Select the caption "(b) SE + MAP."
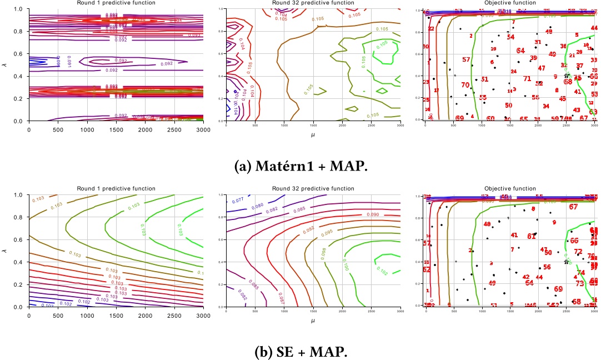point(300,352)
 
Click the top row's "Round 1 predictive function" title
point(116,3)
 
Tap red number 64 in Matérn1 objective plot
point(520,51)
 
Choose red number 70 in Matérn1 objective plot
point(465,85)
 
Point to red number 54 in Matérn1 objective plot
point(510,37)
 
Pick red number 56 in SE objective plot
point(547,267)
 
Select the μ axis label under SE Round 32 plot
point(313,321)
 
